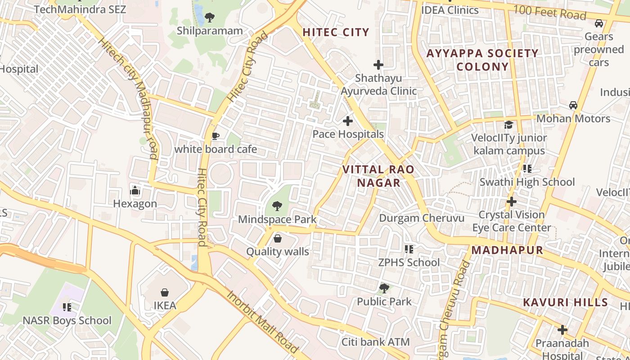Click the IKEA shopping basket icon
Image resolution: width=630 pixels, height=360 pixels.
tap(165, 292)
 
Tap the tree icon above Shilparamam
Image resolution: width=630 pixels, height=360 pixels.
tap(209, 18)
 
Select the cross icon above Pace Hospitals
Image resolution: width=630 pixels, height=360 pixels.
tap(348, 121)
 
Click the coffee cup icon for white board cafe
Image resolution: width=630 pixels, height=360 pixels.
tap(215, 136)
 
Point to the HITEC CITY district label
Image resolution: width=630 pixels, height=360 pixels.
tap(336, 32)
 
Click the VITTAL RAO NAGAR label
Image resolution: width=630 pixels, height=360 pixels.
tap(378, 176)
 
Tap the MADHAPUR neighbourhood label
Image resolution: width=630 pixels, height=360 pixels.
tap(507, 251)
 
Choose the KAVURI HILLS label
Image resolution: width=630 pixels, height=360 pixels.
tap(565, 302)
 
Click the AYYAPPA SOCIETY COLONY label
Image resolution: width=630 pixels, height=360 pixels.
tap(482, 60)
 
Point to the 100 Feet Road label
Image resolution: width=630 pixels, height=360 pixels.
tap(550, 13)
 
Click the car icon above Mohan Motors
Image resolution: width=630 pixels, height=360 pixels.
tap(573, 105)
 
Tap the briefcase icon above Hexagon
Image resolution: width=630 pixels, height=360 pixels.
tap(135, 191)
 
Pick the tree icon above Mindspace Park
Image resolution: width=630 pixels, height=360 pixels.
tap(277, 207)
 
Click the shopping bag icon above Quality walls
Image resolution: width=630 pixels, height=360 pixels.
tap(278, 238)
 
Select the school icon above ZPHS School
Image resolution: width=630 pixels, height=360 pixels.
tap(409, 249)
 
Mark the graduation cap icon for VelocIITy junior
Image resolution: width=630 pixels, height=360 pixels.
tap(508, 125)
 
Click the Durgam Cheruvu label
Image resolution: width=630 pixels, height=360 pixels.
tap(422, 218)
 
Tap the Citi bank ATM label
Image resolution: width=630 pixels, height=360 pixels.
tap(376, 342)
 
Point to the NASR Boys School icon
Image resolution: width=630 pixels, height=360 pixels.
tap(67, 307)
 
